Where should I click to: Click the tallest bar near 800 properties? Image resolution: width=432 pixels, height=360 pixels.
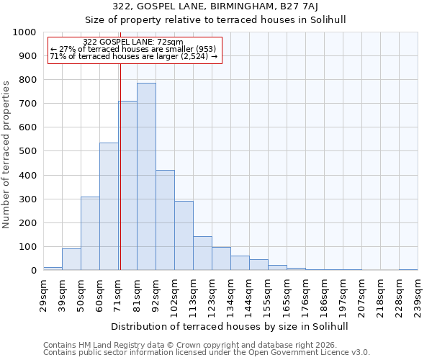[146, 176]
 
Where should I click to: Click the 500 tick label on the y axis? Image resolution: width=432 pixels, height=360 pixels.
[27, 151]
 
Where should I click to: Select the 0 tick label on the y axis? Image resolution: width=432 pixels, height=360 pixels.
[34, 271]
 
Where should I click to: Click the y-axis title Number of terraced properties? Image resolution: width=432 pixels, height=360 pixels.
[6, 154]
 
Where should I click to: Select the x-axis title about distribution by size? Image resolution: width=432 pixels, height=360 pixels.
[230, 326]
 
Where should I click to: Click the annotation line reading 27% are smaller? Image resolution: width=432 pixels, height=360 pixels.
[133, 49]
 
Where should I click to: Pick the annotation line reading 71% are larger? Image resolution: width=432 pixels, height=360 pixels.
[133, 56]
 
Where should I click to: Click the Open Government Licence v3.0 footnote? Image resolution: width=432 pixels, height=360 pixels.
[207, 352]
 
